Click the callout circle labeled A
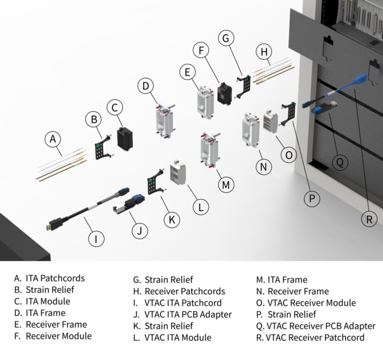tap(54, 139)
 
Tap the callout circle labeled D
tap(146, 85)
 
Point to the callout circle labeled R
tap(368, 219)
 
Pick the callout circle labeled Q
tap(341, 162)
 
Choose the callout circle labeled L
tap(201, 206)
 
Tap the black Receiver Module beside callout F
tap(224, 93)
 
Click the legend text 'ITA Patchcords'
tap(54, 278)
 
